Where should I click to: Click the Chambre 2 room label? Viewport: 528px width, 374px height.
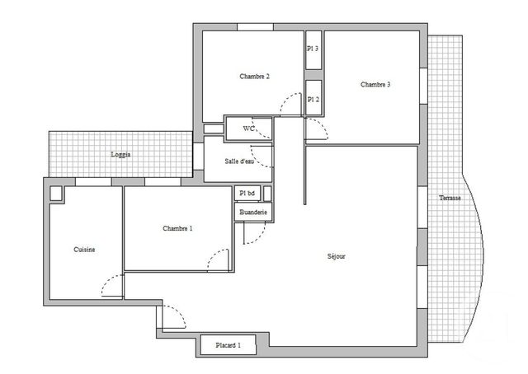click(255, 77)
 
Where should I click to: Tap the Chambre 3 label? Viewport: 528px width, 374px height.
click(375, 85)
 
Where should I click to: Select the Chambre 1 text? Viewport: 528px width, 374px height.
click(177, 228)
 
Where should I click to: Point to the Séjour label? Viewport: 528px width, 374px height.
click(336, 256)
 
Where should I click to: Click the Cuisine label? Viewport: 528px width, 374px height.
click(83, 250)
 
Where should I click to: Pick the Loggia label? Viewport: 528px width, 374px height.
click(120, 154)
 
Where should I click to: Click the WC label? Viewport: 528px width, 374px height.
click(247, 129)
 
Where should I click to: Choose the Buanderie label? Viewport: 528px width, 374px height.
click(252, 213)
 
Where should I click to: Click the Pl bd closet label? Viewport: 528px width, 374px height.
click(247, 193)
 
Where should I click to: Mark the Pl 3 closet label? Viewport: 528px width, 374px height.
click(313, 49)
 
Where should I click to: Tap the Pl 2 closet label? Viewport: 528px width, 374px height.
click(313, 99)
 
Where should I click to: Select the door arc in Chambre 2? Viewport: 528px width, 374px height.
click(290, 104)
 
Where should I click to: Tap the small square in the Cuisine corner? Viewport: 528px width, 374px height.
click(56, 194)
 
